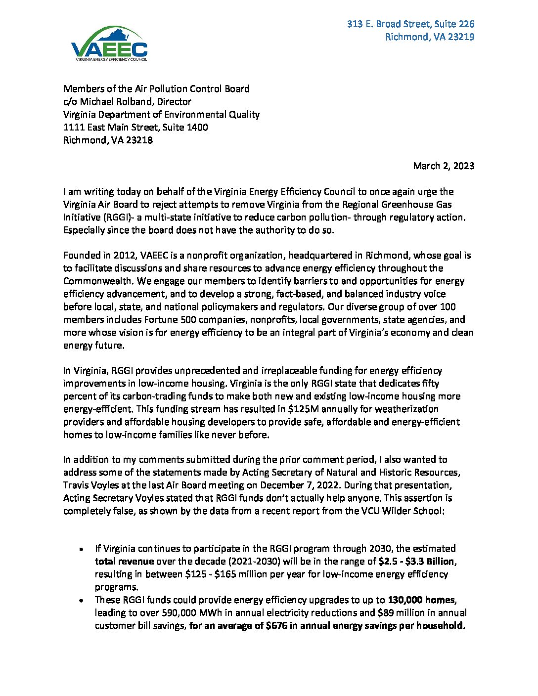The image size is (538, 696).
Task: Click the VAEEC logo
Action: click(x=109, y=44)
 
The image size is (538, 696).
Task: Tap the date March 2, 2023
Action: click(x=444, y=166)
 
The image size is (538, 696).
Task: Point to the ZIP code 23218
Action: click(x=139, y=140)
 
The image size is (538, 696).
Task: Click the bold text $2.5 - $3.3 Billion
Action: click(x=416, y=562)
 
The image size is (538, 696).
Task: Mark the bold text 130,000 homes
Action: click(x=421, y=600)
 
